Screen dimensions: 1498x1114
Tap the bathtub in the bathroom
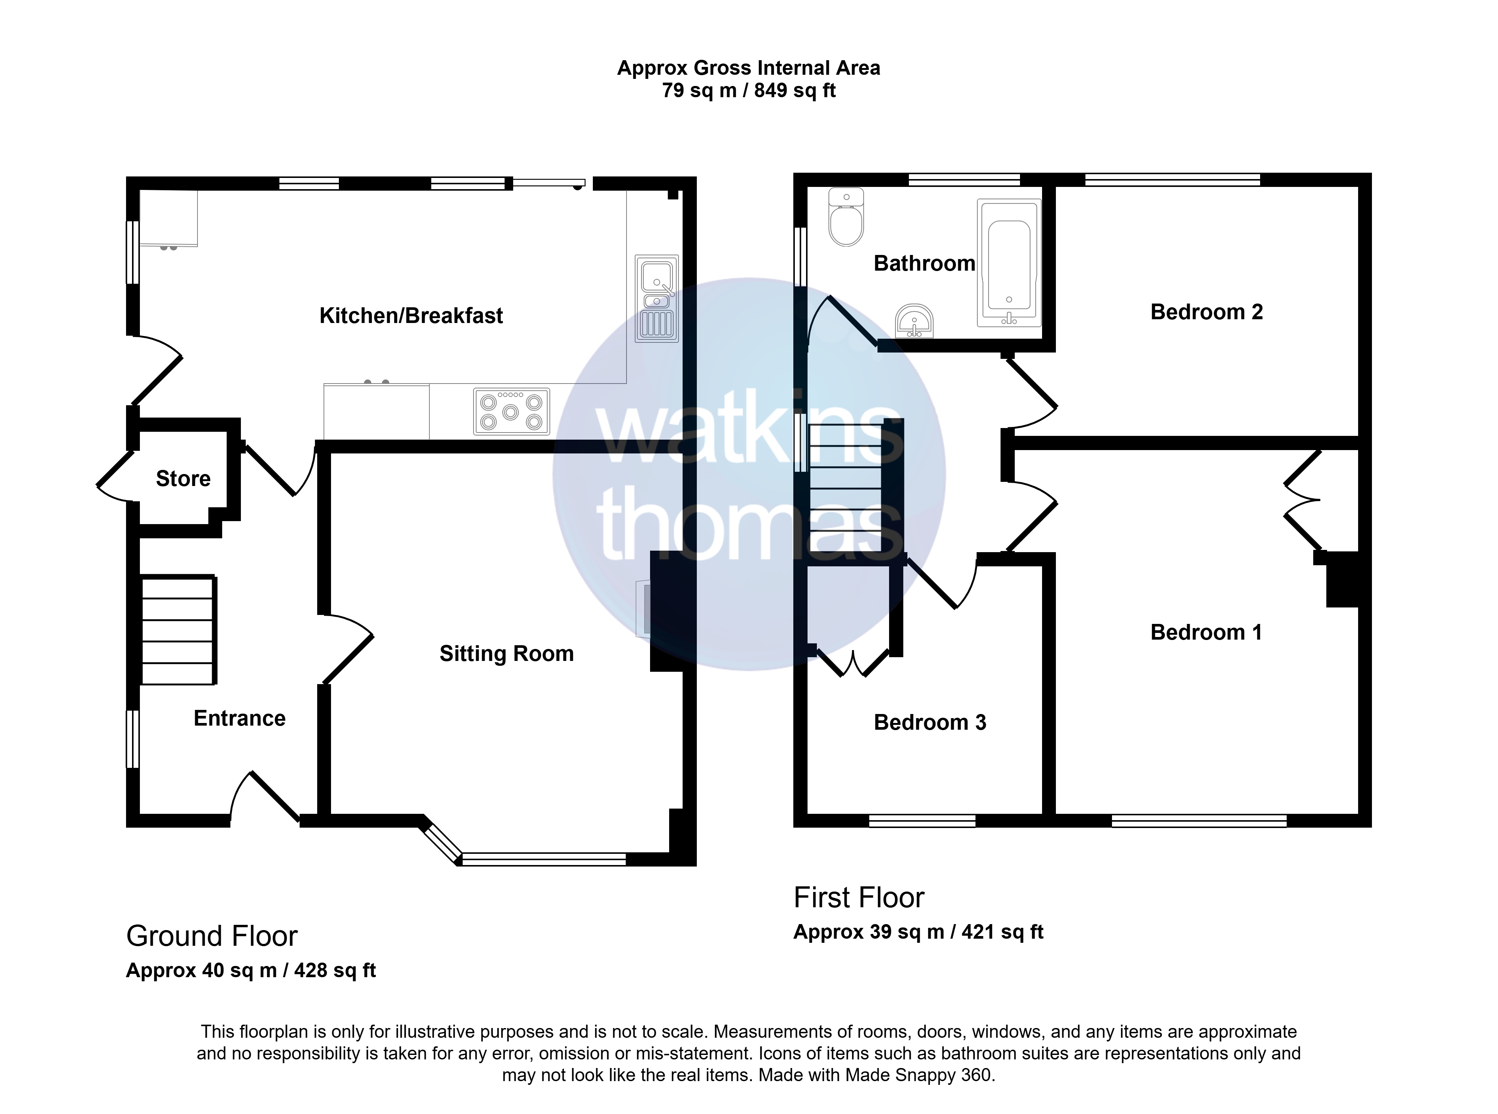(x=1009, y=263)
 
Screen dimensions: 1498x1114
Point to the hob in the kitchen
(x=511, y=411)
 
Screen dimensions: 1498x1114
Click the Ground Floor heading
(x=212, y=936)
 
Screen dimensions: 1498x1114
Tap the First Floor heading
(x=859, y=898)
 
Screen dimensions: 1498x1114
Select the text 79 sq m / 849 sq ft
(x=749, y=90)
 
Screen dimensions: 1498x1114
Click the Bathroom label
(x=925, y=263)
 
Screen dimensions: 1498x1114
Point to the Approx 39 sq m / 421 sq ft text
(x=918, y=932)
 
